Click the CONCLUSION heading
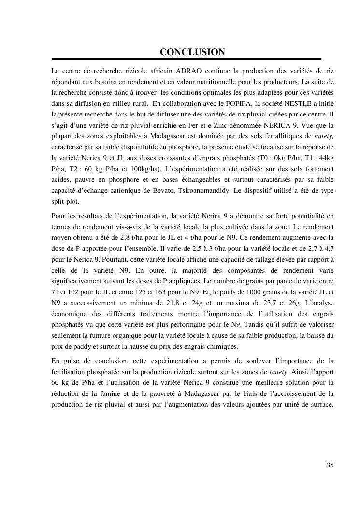click(x=192, y=52)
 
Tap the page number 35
click(x=330, y=465)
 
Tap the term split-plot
click(x=65, y=202)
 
